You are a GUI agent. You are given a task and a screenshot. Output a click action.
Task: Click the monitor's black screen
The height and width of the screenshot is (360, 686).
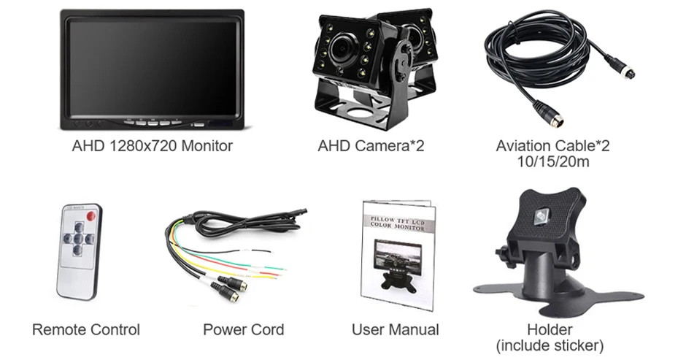coord(151,66)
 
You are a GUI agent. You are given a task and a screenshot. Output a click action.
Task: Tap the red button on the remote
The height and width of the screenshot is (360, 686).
coord(90,217)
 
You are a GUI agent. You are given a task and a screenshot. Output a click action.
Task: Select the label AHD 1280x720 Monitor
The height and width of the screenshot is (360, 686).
coord(152,146)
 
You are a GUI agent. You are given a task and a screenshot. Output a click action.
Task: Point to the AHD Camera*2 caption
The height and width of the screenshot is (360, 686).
coord(371,146)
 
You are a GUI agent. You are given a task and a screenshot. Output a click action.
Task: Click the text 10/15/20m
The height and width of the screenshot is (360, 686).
coord(552,161)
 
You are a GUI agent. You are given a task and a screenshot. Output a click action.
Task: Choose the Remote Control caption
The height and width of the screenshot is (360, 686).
coord(86,330)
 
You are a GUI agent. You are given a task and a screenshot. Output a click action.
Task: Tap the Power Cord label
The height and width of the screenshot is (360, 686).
coord(243,330)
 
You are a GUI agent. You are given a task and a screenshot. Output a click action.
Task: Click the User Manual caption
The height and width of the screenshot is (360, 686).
coord(396,330)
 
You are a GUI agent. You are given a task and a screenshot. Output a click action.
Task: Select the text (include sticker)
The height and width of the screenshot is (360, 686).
coord(550,345)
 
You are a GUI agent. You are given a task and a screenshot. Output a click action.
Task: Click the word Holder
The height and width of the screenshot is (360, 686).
coord(550,330)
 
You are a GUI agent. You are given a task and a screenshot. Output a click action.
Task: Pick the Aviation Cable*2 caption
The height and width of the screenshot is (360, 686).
coord(552,146)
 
